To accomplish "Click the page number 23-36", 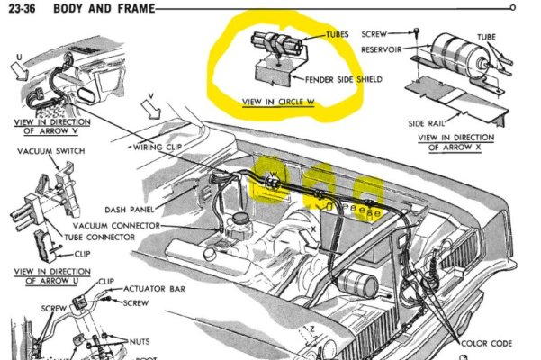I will tap(21, 10).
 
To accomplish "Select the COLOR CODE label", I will tap(488, 343).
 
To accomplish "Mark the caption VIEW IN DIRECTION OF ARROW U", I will tap(51, 274).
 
